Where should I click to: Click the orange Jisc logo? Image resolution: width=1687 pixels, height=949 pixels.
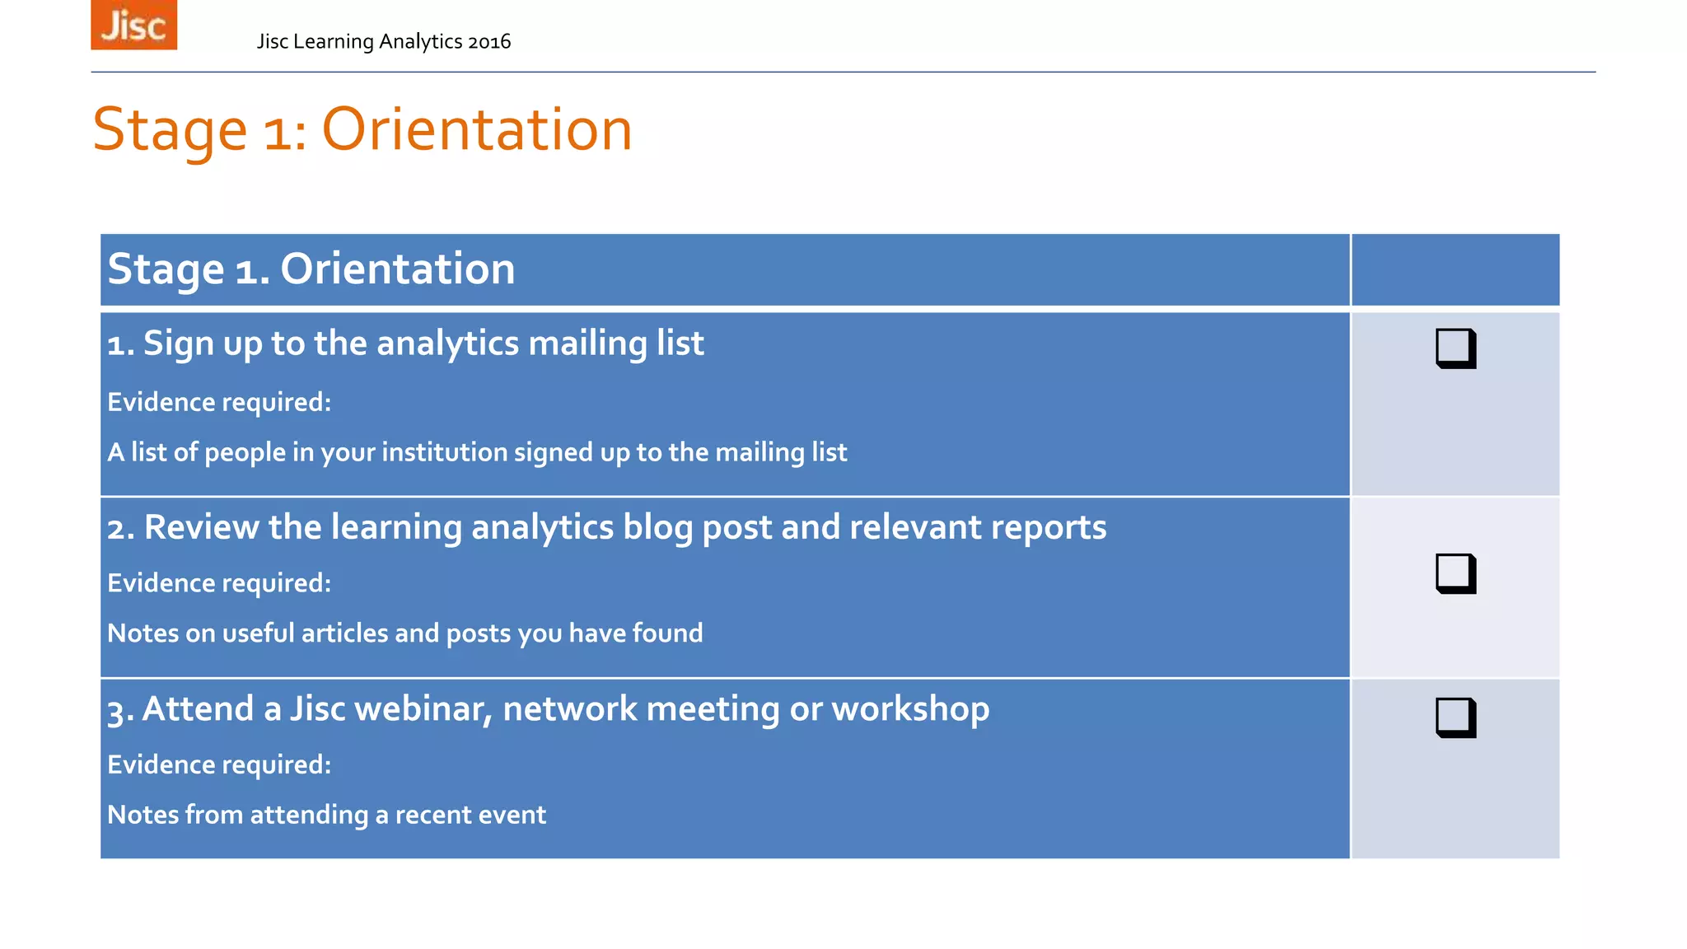coord(133,25)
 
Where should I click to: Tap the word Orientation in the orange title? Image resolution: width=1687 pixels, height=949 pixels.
coord(476,130)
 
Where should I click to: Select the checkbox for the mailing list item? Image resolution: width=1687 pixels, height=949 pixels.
coord(1456,348)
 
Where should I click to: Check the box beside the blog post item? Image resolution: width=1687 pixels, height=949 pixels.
coord(1456,573)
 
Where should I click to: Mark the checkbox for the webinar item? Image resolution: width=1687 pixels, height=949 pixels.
coord(1456,718)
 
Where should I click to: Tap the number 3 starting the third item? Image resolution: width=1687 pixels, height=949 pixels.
coord(116,711)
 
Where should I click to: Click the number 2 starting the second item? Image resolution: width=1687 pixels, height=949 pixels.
coord(116,529)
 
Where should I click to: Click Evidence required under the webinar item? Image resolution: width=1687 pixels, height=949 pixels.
coord(219,764)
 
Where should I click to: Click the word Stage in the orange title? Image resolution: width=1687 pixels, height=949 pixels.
coord(170,130)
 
